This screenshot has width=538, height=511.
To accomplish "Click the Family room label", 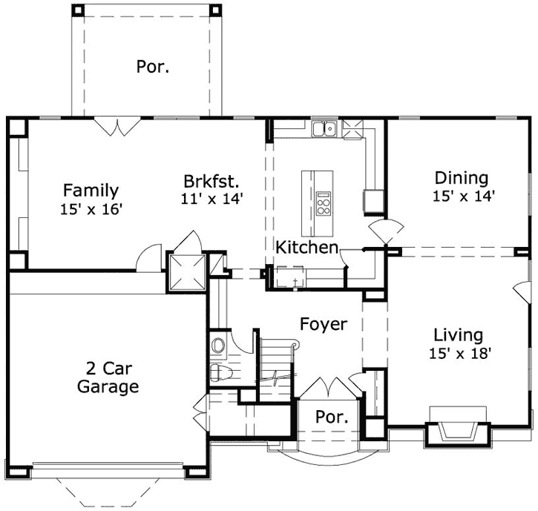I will point(90,190).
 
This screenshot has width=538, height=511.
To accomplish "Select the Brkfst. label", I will point(211,180).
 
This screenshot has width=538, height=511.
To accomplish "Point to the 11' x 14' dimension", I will point(211,198).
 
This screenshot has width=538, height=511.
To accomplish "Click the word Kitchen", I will point(307,248).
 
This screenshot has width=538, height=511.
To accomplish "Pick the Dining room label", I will point(461,178).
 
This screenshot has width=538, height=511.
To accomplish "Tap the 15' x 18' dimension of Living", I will point(459,354).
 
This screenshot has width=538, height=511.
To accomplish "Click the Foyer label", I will point(323,324).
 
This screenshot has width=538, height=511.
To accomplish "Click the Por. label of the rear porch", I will point(152,67).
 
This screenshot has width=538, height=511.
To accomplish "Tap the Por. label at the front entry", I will point(332,417).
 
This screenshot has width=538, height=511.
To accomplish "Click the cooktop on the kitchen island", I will point(324,202).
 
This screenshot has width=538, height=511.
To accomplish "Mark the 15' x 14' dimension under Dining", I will point(464,197).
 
